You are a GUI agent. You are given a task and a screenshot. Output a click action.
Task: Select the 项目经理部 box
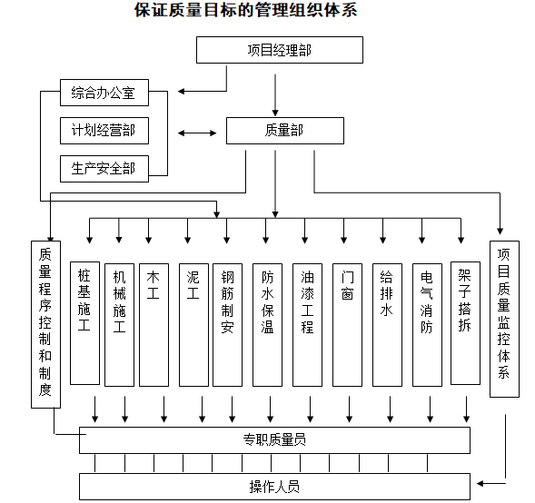click(279, 50)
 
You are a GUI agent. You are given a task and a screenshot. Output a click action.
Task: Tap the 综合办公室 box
click(104, 93)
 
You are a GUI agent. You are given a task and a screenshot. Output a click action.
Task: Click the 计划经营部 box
click(104, 131)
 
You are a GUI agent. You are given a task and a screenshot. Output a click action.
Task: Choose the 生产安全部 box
click(104, 168)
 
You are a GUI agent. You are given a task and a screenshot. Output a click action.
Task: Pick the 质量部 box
click(284, 131)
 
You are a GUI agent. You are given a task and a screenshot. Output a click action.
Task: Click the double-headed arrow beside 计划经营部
click(197, 133)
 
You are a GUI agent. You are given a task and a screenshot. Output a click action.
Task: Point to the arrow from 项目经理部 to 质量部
click(273, 90)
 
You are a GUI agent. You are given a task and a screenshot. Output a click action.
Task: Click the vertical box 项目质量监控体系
click(504, 318)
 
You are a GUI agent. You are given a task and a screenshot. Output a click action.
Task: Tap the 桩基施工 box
click(84, 322)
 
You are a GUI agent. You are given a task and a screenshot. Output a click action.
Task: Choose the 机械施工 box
click(119, 322)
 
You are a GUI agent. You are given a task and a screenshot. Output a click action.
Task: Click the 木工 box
click(154, 322)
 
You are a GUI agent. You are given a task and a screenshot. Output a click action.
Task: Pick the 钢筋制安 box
click(228, 322)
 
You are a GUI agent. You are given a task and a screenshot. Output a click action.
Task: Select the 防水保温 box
click(267, 322)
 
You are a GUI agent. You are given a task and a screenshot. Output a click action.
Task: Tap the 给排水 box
click(386, 322)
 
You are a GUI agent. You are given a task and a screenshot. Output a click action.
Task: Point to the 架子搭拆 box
click(465, 322)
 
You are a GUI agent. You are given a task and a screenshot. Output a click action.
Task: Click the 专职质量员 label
click(274, 440)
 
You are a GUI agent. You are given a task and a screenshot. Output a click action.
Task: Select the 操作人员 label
click(274, 487)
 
